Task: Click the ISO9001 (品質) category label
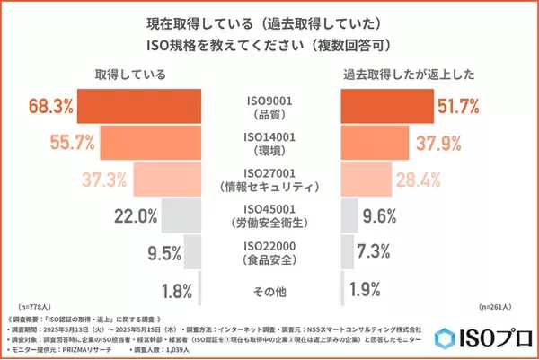coord(269,108)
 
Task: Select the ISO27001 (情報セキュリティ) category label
coord(269,180)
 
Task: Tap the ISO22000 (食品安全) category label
coord(269,254)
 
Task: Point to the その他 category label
coord(269,290)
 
